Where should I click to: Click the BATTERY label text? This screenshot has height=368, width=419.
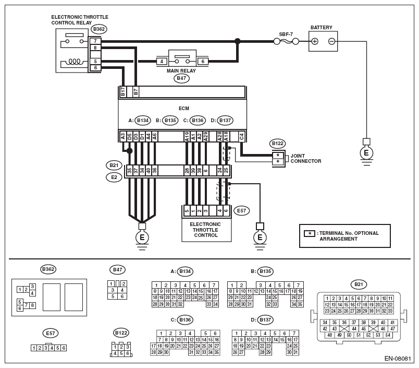[x=321, y=27]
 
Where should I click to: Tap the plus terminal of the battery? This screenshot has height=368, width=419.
[x=315, y=41]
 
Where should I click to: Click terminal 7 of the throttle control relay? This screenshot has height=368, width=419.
[x=95, y=41]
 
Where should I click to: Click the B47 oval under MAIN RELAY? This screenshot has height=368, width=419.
[x=182, y=78]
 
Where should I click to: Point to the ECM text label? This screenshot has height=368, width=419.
[x=183, y=109]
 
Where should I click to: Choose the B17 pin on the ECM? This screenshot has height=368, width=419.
[x=123, y=92]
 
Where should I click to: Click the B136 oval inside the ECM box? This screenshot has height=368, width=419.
[x=198, y=121]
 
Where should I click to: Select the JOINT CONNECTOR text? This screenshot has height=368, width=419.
[x=306, y=159]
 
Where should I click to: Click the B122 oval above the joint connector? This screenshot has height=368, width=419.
[x=278, y=143]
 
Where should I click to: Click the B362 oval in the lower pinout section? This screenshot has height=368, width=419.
[x=48, y=269]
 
